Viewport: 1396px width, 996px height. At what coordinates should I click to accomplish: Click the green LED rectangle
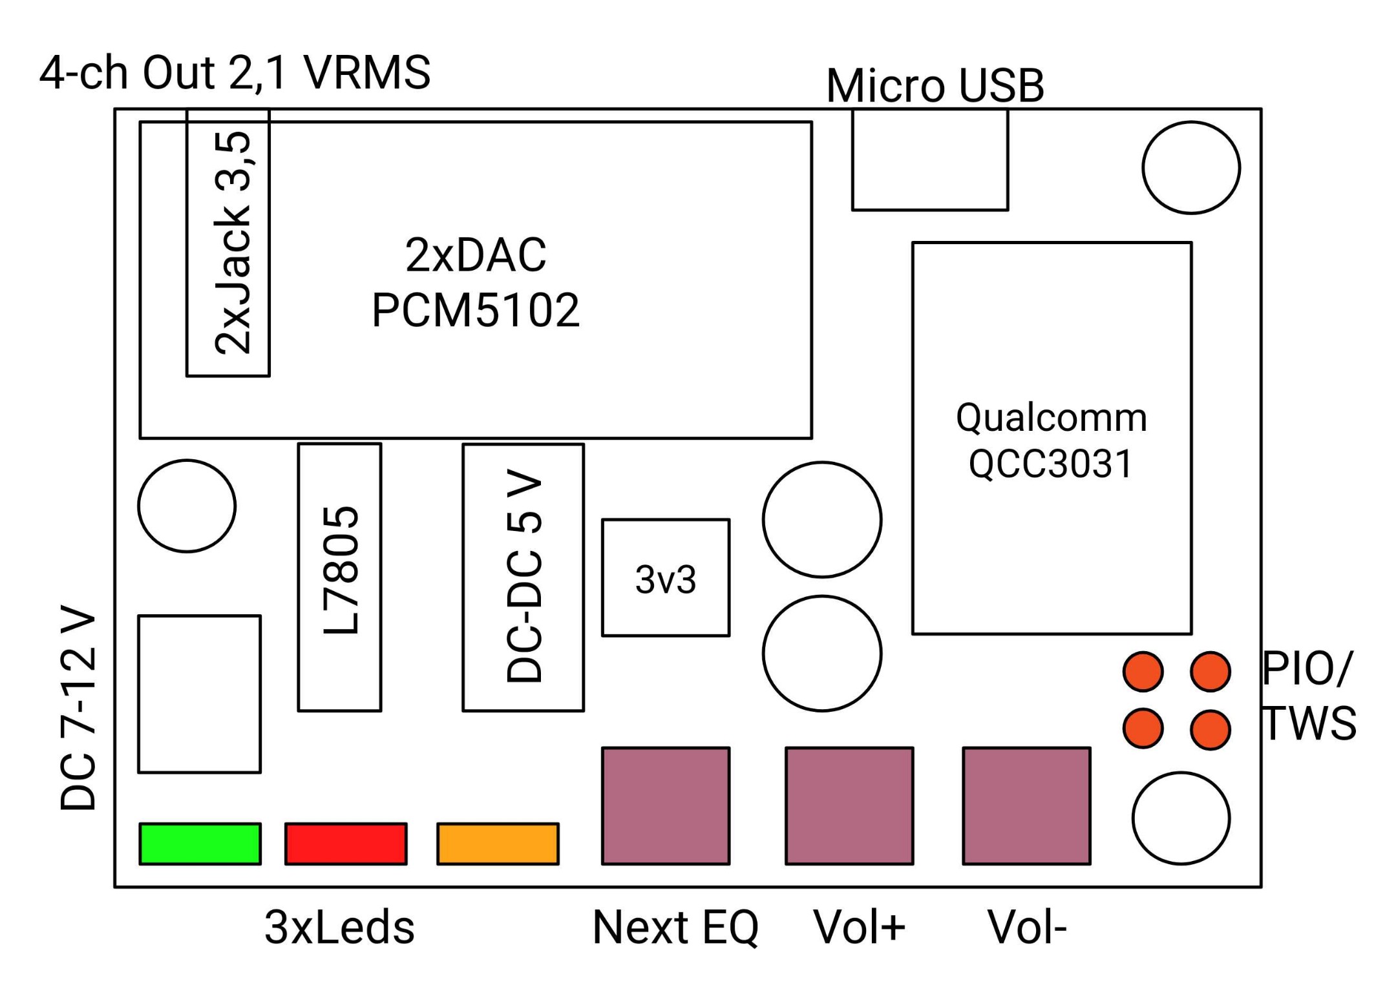[x=200, y=844]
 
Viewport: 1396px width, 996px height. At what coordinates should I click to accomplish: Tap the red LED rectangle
[x=346, y=844]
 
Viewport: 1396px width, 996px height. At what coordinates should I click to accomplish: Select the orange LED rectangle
[x=498, y=844]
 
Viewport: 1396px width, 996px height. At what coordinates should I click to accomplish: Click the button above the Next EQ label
[x=666, y=805]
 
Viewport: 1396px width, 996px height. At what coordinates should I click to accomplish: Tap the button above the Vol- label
[x=1026, y=805]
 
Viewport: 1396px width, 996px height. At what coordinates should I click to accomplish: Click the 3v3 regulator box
[x=666, y=578]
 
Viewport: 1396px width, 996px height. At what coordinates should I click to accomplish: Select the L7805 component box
[x=339, y=577]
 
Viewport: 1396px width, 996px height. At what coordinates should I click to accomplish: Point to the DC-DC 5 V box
[x=523, y=577]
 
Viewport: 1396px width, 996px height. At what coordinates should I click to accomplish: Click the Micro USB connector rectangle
[x=929, y=160]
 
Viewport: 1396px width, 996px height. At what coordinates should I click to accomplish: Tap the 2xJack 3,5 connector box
[x=228, y=243]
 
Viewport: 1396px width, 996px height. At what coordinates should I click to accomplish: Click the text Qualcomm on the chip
[x=1052, y=418]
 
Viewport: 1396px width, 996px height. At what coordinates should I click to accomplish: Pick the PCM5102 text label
[x=476, y=311]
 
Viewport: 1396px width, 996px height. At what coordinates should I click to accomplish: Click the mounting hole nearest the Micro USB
[x=1190, y=167]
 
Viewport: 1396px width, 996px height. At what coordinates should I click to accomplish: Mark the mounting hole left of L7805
[x=187, y=506]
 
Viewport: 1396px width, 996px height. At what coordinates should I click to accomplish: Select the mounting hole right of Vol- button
[x=1181, y=818]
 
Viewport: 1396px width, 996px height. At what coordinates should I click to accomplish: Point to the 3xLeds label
[x=339, y=928]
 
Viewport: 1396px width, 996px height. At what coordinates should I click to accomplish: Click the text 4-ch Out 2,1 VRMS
[x=235, y=72]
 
